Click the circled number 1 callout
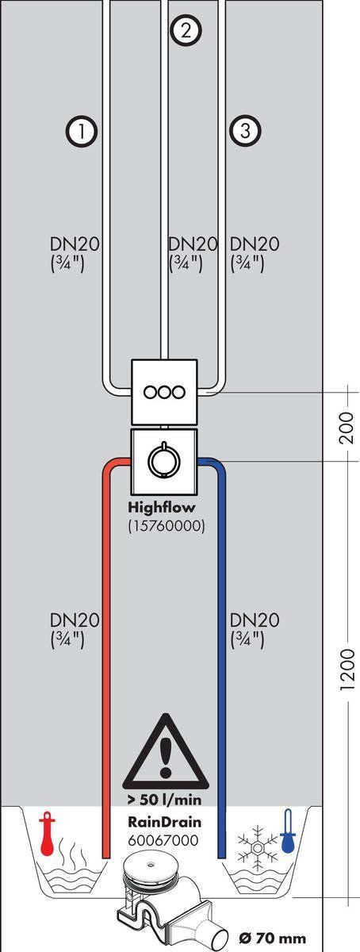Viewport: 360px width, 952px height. tap(82, 131)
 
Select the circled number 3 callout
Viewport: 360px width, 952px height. tap(245, 131)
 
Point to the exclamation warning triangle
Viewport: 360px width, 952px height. tap(167, 754)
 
